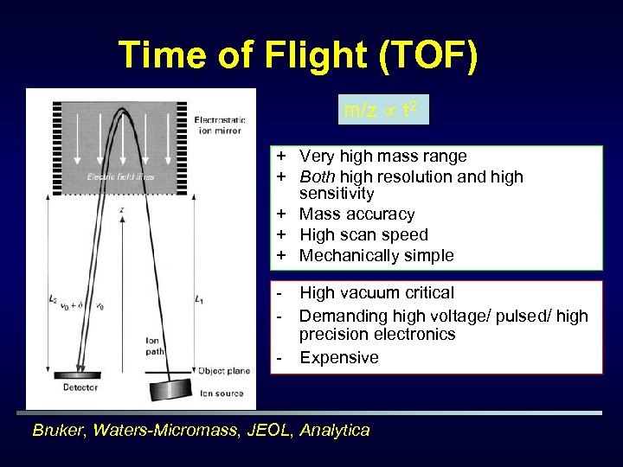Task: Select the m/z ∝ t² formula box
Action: (x=382, y=110)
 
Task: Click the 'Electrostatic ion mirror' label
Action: (x=220, y=125)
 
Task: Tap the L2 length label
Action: (x=54, y=298)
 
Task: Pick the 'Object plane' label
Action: (x=224, y=371)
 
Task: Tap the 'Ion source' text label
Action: (x=222, y=393)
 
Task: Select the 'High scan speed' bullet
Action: (x=363, y=235)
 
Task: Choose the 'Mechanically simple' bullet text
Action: (x=376, y=256)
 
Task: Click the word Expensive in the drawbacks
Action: (x=339, y=358)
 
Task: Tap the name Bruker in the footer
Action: (x=60, y=431)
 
